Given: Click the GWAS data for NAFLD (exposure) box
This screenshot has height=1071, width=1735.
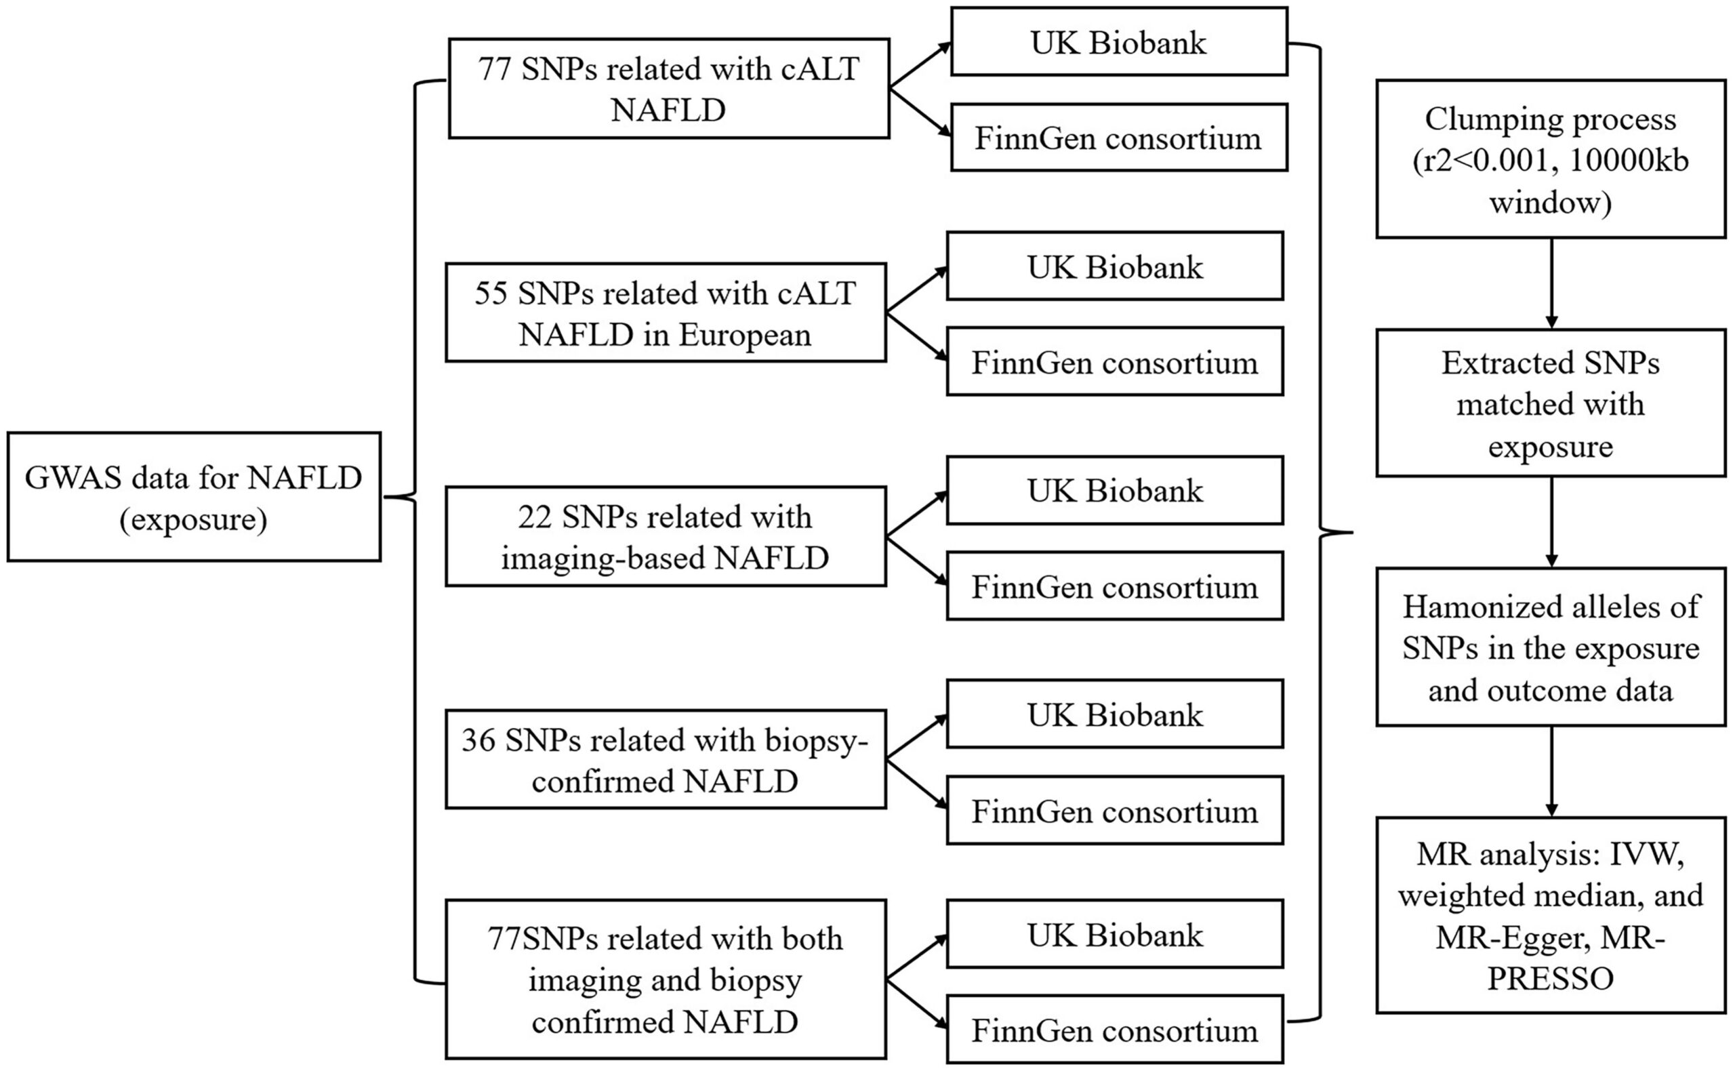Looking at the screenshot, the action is (x=194, y=497).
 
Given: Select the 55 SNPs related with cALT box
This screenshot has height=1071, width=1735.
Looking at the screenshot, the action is (x=666, y=312).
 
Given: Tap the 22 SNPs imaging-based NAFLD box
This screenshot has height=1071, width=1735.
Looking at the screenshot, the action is (x=666, y=536).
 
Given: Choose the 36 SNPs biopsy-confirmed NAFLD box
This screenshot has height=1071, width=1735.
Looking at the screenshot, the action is (x=666, y=759).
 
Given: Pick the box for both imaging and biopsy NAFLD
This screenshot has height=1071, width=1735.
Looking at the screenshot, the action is (x=666, y=979).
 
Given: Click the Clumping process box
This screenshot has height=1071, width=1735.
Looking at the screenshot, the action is (x=1551, y=159).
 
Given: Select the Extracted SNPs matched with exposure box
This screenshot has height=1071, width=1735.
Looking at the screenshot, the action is (x=1551, y=403).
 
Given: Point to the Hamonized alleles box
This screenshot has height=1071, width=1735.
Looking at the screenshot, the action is (x=1551, y=647).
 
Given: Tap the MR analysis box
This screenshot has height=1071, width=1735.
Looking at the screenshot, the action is (x=1551, y=915).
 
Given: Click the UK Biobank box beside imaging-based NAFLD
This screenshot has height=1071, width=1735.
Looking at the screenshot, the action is (x=1115, y=490).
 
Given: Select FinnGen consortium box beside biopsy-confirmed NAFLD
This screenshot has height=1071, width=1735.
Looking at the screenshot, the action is (x=1115, y=810).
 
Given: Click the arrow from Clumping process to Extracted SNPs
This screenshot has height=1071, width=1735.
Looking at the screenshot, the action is (x=1551, y=283).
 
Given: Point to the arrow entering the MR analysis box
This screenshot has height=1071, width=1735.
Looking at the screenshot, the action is (x=1551, y=771).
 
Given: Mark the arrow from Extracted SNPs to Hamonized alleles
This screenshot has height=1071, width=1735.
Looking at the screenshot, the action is (x=1551, y=522).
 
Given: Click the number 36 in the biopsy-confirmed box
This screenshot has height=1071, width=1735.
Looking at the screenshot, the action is (x=478, y=740).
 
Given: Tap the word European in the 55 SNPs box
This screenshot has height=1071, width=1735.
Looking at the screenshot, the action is (x=745, y=335).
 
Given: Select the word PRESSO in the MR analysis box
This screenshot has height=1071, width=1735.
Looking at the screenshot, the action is (x=1550, y=979).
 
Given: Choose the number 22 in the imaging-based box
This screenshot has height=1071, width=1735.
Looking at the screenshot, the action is (x=535, y=517).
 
